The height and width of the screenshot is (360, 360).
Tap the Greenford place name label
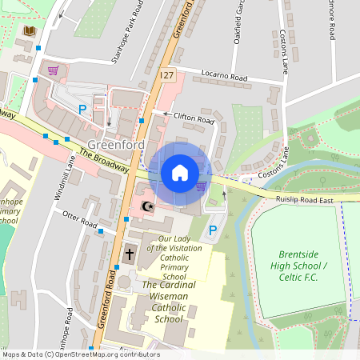click(x=116, y=145)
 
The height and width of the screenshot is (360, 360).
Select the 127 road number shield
click(x=166, y=74)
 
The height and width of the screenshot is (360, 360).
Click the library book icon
click(x=30, y=30)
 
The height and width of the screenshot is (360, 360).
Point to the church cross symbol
click(x=130, y=254)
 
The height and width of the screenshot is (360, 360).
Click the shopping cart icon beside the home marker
click(x=201, y=186)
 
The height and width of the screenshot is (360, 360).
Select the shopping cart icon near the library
click(x=53, y=70)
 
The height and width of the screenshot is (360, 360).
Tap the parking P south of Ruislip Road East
click(x=212, y=230)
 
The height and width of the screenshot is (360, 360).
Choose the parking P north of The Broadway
click(x=81, y=108)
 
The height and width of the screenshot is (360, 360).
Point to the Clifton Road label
click(x=194, y=118)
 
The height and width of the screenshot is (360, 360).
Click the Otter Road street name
click(x=79, y=218)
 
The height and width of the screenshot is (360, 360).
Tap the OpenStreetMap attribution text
click(x=80, y=354)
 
